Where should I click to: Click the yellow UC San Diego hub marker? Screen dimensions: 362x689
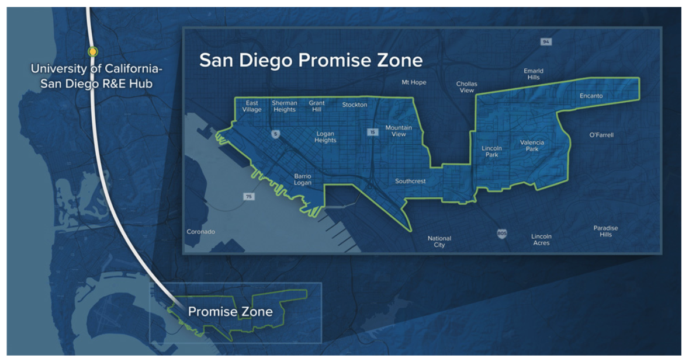pyautogui.click(x=92, y=52)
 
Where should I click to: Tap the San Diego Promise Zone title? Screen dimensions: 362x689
pyautogui.click(x=311, y=60)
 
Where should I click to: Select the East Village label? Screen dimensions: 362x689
pyautogui.click(x=252, y=106)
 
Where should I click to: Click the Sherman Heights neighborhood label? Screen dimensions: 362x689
pyautogui.click(x=285, y=106)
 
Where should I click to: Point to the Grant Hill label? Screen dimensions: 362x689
pyautogui.click(x=316, y=106)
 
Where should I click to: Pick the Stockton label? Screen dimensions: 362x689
pyautogui.click(x=355, y=105)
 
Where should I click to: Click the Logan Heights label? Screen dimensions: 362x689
pyautogui.click(x=326, y=137)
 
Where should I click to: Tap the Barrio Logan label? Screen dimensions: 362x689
pyautogui.click(x=303, y=179)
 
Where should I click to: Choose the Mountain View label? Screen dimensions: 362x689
pyautogui.click(x=399, y=131)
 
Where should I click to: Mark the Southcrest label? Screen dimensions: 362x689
pyautogui.click(x=410, y=181)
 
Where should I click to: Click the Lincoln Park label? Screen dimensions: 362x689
pyautogui.click(x=491, y=152)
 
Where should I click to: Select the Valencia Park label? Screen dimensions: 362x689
pyautogui.click(x=532, y=145)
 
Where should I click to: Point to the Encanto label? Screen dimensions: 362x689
pyautogui.click(x=591, y=96)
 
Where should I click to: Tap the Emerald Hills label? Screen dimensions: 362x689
pyautogui.click(x=533, y=74)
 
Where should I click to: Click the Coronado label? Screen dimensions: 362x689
pyautogui.click(x=200, y=232)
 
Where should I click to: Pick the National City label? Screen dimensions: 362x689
pyautogui.click(x=439, y=242)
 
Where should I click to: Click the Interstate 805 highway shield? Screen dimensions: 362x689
pyautogui.click(x=502, y=234)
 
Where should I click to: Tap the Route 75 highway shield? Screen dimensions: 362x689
pyautogui.click(x=250, y=197)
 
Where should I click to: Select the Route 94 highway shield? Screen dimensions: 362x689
pyautogui.click(x=546, y=42)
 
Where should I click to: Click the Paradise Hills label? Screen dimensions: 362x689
pyautogui.click(x=605, y=231)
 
